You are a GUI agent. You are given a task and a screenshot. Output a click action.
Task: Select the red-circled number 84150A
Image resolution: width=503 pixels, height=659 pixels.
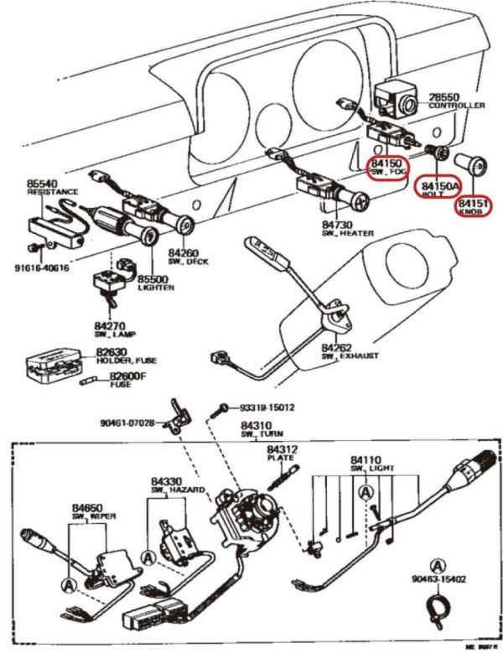tap(439, 184)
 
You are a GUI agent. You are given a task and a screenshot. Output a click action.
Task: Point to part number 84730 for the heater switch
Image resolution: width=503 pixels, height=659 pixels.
tap(338, 226)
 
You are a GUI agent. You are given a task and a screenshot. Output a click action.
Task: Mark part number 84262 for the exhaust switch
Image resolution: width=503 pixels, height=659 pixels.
tap(339, 346)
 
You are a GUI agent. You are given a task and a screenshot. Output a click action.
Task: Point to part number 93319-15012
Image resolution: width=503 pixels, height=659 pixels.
tap(267, 408)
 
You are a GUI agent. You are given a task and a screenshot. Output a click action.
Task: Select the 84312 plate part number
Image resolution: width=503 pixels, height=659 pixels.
tap(281, 450)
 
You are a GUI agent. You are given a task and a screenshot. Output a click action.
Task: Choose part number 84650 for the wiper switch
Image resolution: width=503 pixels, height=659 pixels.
tap(87, 508)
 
